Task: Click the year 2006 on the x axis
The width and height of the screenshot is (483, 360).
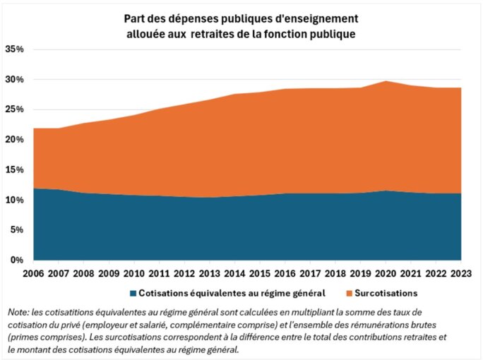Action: click(33, 272)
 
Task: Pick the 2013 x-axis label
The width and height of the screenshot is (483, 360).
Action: click(210, 272)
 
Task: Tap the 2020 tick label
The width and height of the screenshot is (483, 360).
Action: click(386, 272)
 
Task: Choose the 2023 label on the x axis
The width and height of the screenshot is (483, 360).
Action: click(461, 272)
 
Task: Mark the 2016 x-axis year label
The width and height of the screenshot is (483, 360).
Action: click(285, 272)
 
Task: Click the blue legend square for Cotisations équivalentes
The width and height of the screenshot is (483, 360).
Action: click(132, 293)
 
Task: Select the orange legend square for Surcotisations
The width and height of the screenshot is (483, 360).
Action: click(349, 293)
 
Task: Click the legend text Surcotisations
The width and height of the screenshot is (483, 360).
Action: click(387, 293)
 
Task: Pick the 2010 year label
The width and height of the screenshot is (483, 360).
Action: click(134, 272)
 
